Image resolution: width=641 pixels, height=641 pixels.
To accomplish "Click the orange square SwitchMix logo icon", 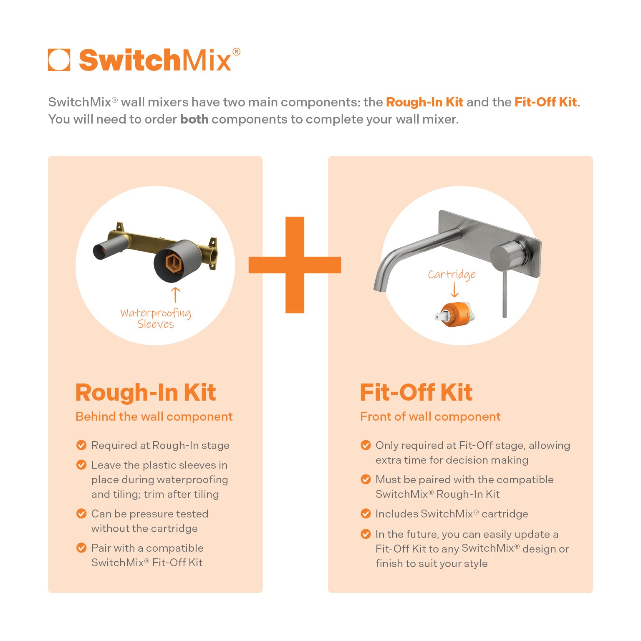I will pyautogui.click(x=59, y=60).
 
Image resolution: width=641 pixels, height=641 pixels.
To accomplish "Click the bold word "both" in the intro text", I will pyautogui.click(x=194, y=119).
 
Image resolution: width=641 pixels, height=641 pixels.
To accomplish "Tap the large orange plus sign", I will pyautogui.click(x=295, y=265).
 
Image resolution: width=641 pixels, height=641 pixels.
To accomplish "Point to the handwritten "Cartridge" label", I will pyautogui.click(x=452, y=274).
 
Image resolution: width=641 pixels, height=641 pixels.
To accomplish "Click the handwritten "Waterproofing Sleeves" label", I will pyautogui.click(x=156, y=318).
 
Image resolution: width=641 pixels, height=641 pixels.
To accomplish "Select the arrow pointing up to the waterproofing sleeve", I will pyautogui.click(x=176, y=294).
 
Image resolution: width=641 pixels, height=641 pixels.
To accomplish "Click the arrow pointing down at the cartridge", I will pyautogui.click(x=454, y=290).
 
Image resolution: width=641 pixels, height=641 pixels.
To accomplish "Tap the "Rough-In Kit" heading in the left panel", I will pyautogui.click(x=146, y=393).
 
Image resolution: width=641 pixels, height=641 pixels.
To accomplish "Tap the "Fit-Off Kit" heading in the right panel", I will pyautogui.click(x=416, y=393).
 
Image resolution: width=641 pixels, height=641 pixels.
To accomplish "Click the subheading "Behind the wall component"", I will pyautogui.click(x=154, y=416).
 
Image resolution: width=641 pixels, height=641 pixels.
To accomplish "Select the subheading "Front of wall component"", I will pyautogui.click(x=430, y=416).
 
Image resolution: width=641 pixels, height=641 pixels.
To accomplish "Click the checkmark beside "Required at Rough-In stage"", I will pyautogui.click(x=81, y=445).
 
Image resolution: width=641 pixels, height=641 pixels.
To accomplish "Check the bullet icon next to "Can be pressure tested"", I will pyautogui.click(x=81, y=514).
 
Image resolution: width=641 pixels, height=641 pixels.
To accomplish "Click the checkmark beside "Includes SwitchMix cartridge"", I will pyautogui.click(x=366, y=514).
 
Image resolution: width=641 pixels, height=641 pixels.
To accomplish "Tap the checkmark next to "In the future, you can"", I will pyautogui.click(x=366, y=534).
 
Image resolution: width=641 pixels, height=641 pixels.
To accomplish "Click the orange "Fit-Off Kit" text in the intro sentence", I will pyautogui.click(x=545, y=102).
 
